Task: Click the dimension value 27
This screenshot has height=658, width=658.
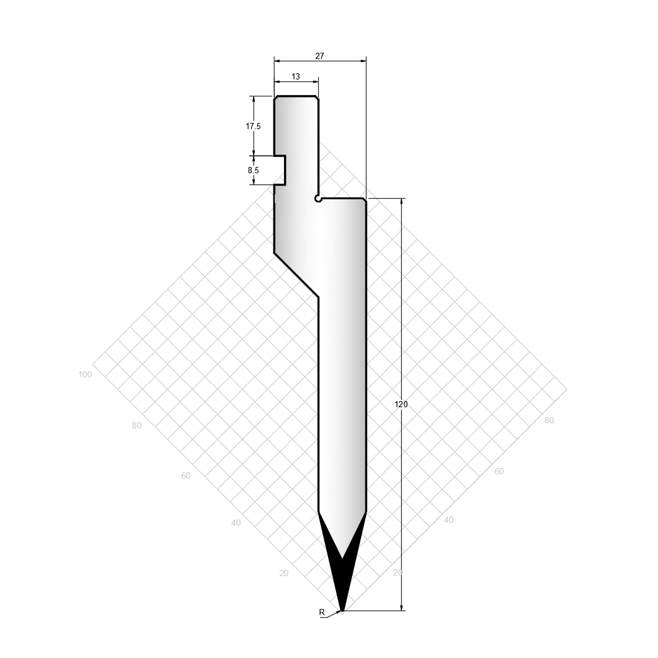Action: pyautogui.click(x=319, y=56)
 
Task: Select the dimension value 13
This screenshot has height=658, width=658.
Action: pyautogui.click(x=295, y=76)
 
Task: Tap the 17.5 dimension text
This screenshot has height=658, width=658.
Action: pyautogui.click(x=253, y=126)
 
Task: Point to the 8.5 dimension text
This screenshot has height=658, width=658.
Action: pyautogui.click(x=253, y=170)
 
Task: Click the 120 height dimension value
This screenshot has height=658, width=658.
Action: pyautogui.click(x=401, y=404)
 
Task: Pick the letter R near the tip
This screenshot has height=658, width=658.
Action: pyautogui.click(x=322, y=612)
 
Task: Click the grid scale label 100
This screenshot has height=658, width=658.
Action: pyautogui.click(x=85, y=374)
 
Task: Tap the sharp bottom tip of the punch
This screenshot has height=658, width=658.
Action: pyautogui.click(x=342, y=611)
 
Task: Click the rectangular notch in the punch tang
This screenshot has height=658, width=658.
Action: pyautogui.click(x=280, y=170)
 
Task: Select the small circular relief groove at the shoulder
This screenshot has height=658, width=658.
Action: pyautogui.click(x=318, y=199)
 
